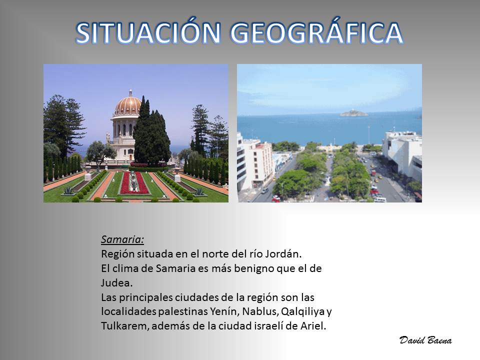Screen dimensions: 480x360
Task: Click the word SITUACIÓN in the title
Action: (148, 32)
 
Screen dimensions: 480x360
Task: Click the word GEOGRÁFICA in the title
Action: (317, 32)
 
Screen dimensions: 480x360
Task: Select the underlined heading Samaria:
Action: (122, 239)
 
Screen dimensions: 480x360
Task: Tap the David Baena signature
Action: (425, 340)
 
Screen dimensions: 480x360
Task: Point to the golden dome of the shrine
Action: (128, 105)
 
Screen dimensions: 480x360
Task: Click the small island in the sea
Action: (353, 113)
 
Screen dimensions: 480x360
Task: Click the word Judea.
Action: (116, 282)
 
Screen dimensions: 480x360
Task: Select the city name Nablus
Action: (260, 311)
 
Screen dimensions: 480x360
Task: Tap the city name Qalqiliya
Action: (303, 311)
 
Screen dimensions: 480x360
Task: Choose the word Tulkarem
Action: (125, 325)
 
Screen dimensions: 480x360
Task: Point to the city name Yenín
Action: (224, 311)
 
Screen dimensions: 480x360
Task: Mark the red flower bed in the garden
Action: (134, 183)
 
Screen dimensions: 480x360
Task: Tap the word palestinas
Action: (182, 311)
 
